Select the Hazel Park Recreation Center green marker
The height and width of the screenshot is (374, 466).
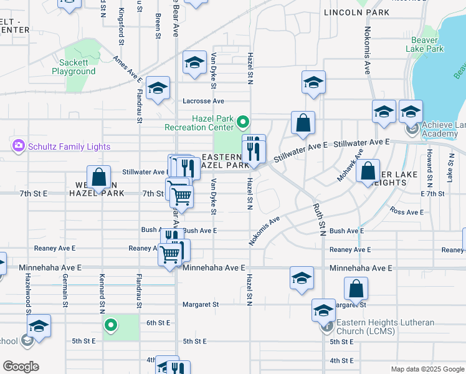click(245, 122)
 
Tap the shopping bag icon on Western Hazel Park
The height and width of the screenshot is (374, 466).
click(98, 178)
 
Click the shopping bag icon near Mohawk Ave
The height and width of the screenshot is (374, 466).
click(369, 171)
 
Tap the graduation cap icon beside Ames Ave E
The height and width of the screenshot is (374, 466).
click(158, 89)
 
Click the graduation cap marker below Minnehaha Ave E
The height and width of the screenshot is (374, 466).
click(302, 278)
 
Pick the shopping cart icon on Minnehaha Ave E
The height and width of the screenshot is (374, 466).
click(170, 255)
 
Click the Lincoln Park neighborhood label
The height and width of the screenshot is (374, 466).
click(357, 12)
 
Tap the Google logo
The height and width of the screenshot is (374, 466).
click(21, 367)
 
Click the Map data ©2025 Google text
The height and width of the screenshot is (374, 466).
click(427, 369)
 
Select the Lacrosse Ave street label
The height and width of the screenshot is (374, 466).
click(203, 100)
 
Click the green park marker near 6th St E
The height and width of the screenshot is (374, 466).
click(110, 324)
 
